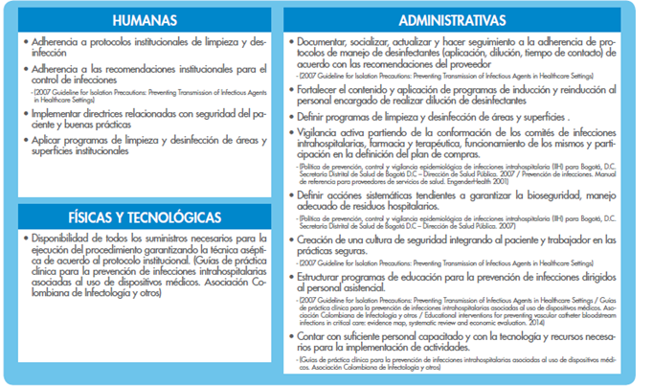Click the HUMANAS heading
point(144,20)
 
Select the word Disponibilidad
point(66,237)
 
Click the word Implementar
point(61,112)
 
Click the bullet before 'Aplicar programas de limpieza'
point(26,140)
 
